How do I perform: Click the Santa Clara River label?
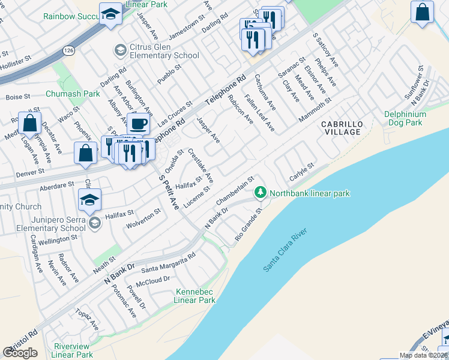286,250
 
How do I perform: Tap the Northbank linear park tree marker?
261,193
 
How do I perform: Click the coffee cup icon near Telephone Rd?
138,124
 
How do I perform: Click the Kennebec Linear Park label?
195,296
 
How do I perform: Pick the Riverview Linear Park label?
73,350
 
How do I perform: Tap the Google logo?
20,353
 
